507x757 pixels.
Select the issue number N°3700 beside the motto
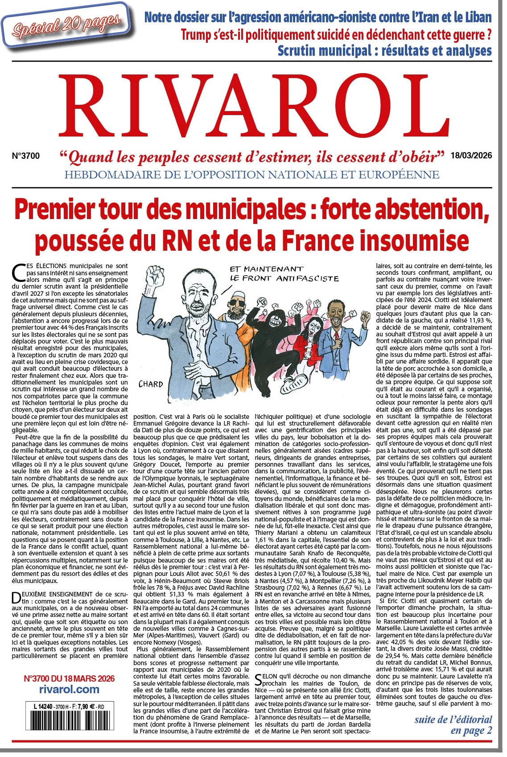point(25,156)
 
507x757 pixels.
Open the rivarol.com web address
point(69,689)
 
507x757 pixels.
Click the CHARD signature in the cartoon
point(150,384)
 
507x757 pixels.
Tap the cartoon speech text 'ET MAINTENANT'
point(266,269)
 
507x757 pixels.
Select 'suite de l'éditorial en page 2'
point(453,725)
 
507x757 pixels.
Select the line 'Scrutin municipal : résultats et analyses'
point(384,50)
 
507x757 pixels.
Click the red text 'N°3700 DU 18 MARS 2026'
point(69,678)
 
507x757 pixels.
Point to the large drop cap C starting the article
point(20,271)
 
